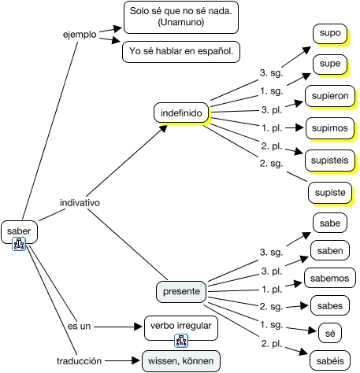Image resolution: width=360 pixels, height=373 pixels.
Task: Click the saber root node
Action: (19, 231)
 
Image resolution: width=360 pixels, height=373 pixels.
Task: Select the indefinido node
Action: (181, 113)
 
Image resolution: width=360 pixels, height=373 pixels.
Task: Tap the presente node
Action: (181, 291)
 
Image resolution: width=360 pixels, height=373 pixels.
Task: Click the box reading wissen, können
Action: (181, 361)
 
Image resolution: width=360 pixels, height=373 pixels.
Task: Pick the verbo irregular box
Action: (181, 328)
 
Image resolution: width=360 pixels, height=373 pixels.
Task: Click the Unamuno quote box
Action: (181, 17)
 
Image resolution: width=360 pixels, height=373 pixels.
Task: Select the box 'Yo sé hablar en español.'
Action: (181, 52)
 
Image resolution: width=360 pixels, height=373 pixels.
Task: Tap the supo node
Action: (330, 34)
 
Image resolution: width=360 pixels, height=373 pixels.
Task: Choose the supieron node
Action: (330, 96)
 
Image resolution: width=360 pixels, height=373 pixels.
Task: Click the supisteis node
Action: (330, 161)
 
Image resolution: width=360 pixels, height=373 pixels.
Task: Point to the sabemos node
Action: (330, 278)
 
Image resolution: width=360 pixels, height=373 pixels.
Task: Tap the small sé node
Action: (330, 333)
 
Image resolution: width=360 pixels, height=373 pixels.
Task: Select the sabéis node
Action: (330, 361)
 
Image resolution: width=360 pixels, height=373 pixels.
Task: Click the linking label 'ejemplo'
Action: (80, 35)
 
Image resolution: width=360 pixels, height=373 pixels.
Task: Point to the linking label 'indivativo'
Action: (80, 202)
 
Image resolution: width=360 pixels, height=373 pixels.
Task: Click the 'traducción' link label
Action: (80, 361)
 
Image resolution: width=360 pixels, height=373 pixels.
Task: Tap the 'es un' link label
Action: (79, 327)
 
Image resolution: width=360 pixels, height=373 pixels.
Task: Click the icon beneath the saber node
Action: (19, 244)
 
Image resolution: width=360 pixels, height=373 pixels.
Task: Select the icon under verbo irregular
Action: (181, 341)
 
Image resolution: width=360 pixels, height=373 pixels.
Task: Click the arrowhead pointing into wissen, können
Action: (135, 360)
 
